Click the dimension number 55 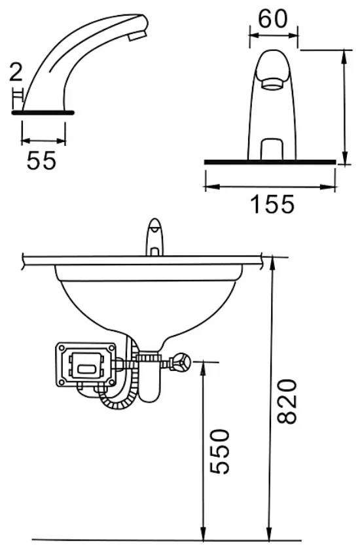[41, 160]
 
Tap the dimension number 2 [16, 73]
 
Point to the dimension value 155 [272, 205]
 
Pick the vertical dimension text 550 [221, 451]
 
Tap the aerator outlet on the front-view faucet [273, 84]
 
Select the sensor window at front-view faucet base [273, 149]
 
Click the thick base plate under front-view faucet [271, 161]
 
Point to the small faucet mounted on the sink [154, 237]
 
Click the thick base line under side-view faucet [43, 113]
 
